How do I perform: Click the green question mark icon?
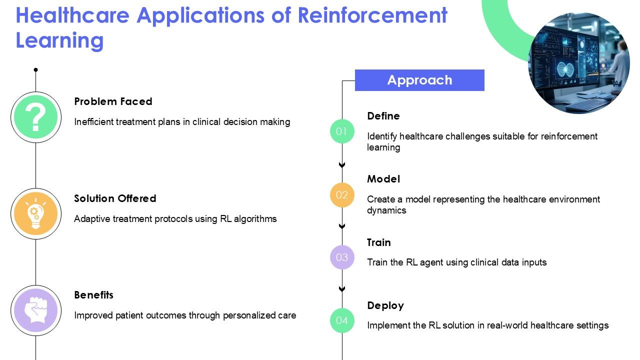[x=36, y=117]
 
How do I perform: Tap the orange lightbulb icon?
[x=36, y=214]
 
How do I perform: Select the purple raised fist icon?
[x=36, y=310]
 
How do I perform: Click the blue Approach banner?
[x=419, y=80]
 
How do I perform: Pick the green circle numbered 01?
[x=342, y=131]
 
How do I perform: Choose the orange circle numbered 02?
[x=342, y=194]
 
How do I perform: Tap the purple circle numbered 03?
[x=342, y=257]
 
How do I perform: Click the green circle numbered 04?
[x=342, y=320]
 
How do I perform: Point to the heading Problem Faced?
[x=113, y=101]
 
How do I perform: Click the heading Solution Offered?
[x=115, y=198]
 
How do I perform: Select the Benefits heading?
[x=93, y=295]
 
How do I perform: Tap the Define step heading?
[x=383, y=116]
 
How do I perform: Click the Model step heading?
[x=383, y=179]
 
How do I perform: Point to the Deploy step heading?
[x=385, y=305]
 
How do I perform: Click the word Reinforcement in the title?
[x=372, y=15]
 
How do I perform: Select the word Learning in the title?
[x=59, y=40]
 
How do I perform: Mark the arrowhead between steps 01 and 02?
[x=342, y=165]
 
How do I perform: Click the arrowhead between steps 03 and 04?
[x=342, y=289]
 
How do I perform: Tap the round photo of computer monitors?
[x=579, y=63]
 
